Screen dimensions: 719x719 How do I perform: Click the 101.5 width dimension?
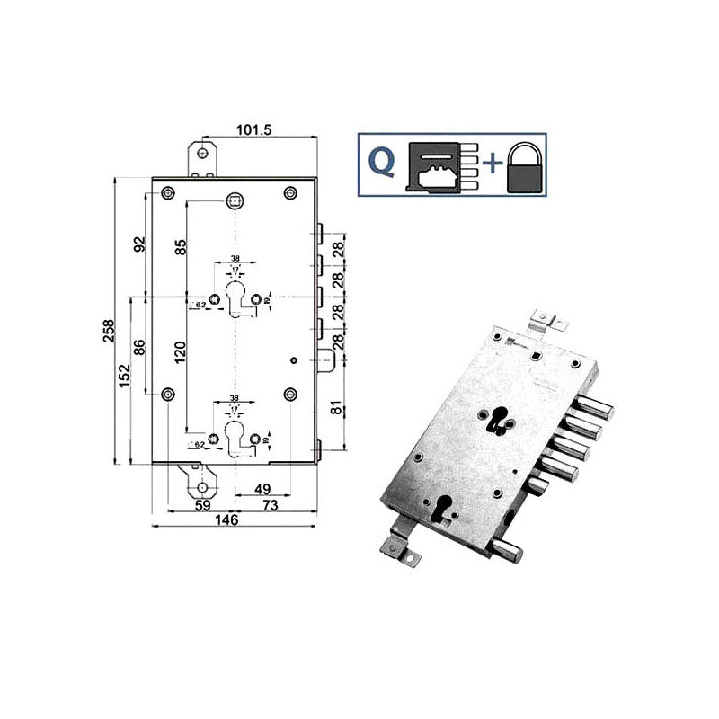253,129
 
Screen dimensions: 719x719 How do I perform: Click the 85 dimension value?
181,244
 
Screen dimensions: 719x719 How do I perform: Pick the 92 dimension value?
139,245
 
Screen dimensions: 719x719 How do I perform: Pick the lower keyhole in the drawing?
235,439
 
